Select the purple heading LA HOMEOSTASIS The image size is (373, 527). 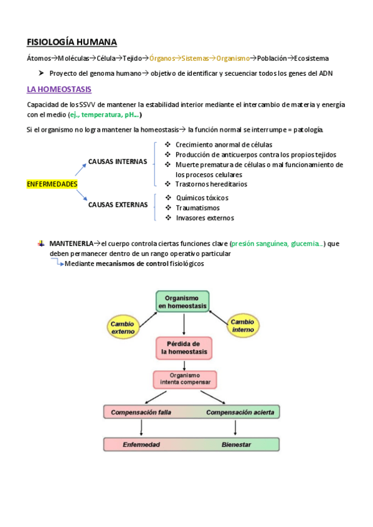click(x=59, y=89)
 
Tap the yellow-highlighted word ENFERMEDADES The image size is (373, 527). click(x=52, y=184)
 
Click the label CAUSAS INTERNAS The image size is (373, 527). click(x=118, y=161)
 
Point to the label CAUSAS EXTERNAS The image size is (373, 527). click(x=118, y=204)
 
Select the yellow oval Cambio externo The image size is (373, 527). click(x=123, y=328)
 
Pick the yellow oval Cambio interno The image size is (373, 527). click(x=242, y=326)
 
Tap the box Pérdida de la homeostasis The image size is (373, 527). click(x=183, y=347)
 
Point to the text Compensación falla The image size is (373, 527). click(x=139, y=412)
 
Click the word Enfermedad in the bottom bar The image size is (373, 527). click(x=141, y=445)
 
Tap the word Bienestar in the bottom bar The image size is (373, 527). click(x=236, y=445)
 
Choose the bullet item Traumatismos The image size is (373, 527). click(x=198, y=208)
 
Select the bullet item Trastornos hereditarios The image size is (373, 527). click(x=211, y=184)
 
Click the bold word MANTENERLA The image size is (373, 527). click(x=71, y=244)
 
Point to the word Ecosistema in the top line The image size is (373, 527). click(x=311, y=58)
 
